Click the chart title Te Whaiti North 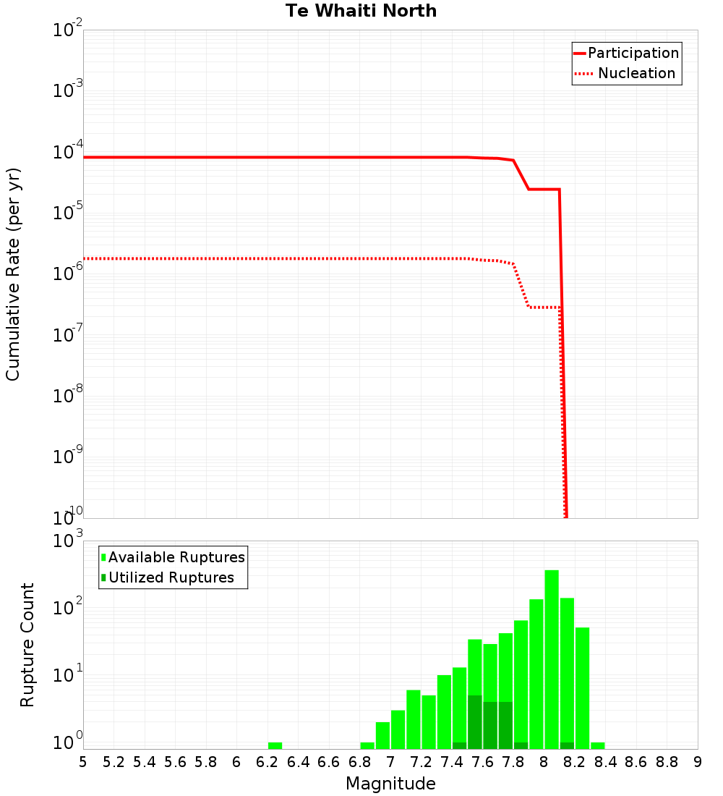click(x=361, y=11)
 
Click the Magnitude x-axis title click(x=390, y=784)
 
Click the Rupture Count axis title click(x=27, y=645)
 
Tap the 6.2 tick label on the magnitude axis click(x=267, y=763)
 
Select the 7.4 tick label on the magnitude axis click(x=452, y=763)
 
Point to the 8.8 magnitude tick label click(x=667, y=763)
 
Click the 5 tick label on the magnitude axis click(x=83, y=763)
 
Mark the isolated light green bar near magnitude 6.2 click(x=275, y=745)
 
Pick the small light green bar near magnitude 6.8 click(x=367, y=745)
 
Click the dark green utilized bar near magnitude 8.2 click(x=567, y=745)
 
